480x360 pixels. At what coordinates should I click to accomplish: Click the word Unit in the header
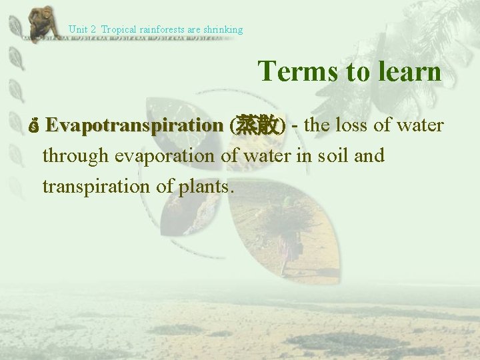tap(78, 29)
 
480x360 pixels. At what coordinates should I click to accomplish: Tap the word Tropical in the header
tap(118, 29)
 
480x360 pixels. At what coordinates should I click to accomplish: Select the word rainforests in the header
tap(163, 29)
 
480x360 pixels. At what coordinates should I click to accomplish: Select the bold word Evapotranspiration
tap(135, 125)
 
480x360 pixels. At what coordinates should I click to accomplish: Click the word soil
tap(337, 156)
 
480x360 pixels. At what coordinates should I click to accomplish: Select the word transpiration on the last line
tap(98, 186)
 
